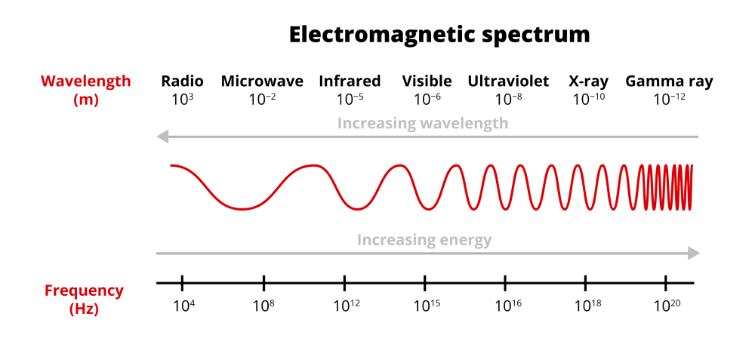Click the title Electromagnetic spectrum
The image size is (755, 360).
[x=439, y=35]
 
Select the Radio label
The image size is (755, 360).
[x=182, y=82]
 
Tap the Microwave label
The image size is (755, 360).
[x=262, y=82]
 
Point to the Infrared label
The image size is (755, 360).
[x=350, y=82]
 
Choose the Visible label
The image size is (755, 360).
[x=427, y=82]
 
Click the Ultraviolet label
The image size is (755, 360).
[x=508, y=82]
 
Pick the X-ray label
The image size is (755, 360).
[x=588, y=82]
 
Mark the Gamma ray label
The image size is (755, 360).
[x=669, y=82]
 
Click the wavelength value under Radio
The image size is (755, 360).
[x=182, y=98]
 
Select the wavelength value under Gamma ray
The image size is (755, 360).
[x=669, y=98]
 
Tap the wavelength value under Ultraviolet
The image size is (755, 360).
[x=508, y=98]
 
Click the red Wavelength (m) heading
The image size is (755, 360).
[x=85, y=90]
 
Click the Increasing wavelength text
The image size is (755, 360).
[x=422, y=123]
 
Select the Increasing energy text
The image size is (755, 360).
[x=424, y=240]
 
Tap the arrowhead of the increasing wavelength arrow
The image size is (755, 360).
[x=161, y=137]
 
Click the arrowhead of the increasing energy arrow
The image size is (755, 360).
[x=694, y=254]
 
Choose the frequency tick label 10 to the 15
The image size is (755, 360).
[x=426, y=306]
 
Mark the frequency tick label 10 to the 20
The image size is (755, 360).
[x=666, y=306]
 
